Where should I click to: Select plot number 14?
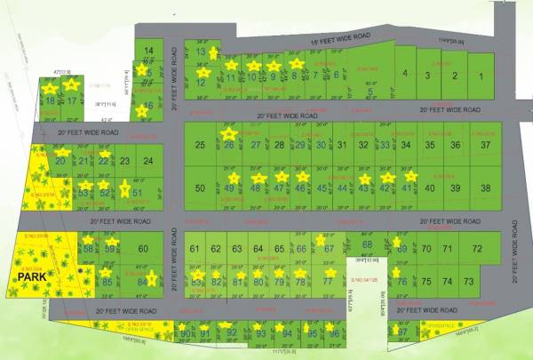(x=148, y=51)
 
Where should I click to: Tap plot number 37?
(x=485, y=145)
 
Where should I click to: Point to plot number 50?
(x=200, y=188)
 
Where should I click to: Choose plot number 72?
(x=477, y=249)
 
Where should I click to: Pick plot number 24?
(x=147, y=161)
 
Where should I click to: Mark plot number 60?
(x=143, y=249)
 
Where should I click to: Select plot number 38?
(x=485, y=188)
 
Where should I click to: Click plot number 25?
(x=200, y=145)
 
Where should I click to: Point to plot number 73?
(x=470, y=281)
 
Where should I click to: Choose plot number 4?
(x=404, y=74)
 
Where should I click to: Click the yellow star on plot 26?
(x=229, y=134)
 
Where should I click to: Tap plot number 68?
(x=368, y=244)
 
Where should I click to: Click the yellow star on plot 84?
(x=152, y=278)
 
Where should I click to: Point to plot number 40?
(x=430, y=188)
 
